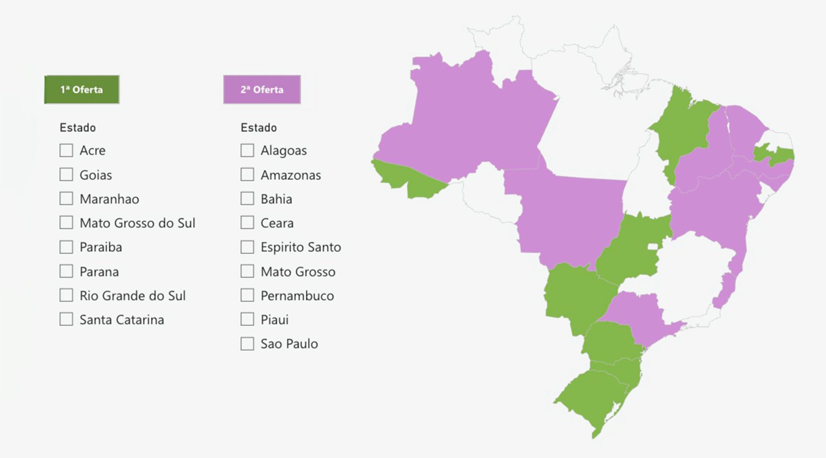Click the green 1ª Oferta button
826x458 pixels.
[82, 89]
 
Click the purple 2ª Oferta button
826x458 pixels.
[262, 89]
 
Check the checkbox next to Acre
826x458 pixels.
[66, 151]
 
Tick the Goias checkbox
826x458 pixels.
[66, 175]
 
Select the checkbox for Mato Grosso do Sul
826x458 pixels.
[66, 223]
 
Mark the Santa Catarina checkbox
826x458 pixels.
[66, 320]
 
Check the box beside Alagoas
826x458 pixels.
[247, 151]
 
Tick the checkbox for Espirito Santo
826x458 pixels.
[247, 247]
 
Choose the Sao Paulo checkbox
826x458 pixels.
[247, 344]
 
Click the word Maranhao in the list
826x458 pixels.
[109, 199]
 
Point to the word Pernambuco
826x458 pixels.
[297, 296]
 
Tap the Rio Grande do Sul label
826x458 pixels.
[133, 296]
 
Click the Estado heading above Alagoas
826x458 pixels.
[259, 128]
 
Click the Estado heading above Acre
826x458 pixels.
[78, 128]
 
